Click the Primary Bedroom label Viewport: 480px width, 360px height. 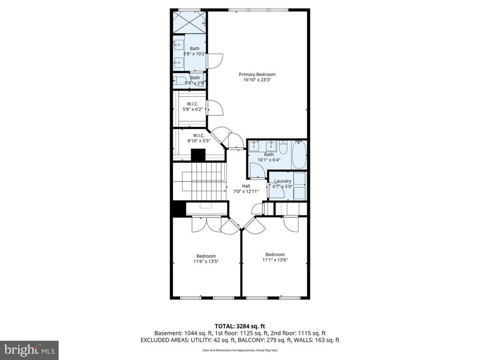[257, 74]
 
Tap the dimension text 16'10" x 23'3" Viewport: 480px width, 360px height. [257, 80]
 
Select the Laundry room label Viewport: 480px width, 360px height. [282, 181]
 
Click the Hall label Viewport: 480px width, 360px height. [246, 186]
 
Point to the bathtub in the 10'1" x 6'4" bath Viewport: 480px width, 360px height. [299, 157]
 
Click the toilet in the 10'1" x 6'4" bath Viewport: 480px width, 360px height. [284, 147]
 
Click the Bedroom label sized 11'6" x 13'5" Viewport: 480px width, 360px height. [206, 255]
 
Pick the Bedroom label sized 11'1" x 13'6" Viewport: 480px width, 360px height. [275, 254]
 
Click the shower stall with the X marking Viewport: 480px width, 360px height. [190, 22]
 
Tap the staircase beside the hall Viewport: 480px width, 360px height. [199, 180]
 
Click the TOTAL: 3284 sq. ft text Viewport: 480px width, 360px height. [240, 326]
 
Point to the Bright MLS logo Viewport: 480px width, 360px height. [29, 350]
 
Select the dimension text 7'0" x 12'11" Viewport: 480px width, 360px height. [246, 192]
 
